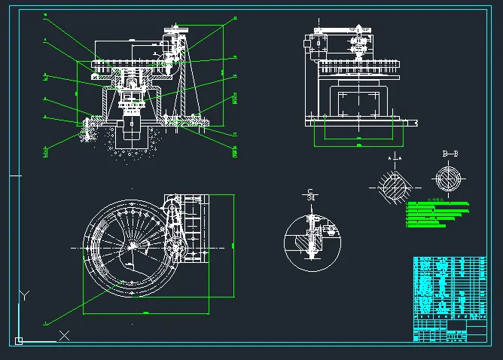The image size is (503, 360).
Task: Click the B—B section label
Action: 450,154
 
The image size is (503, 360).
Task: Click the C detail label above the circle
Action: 309,193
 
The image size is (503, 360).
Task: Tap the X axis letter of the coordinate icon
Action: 64,336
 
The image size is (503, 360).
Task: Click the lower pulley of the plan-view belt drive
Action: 178,248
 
